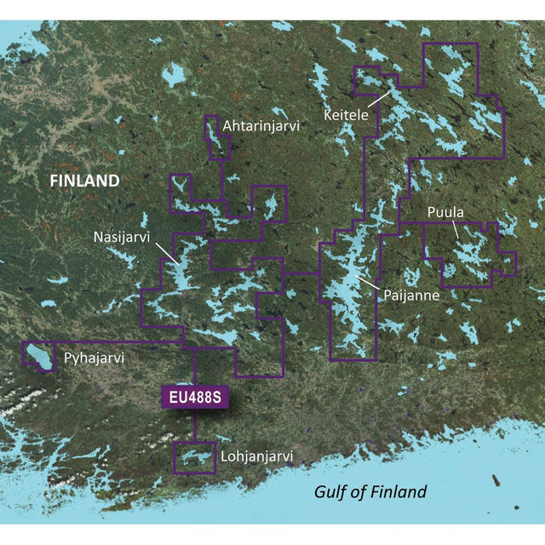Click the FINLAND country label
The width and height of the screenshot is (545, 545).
[83, 181]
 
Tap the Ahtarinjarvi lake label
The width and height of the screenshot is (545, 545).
[260, 126]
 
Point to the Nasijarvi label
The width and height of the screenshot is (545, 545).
[121, 238]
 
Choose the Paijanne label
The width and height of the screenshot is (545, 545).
[405, 295]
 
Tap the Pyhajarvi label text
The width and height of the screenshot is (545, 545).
[94, 359]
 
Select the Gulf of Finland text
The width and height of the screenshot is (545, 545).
[370, 491]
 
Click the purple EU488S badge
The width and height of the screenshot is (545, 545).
[194, 397]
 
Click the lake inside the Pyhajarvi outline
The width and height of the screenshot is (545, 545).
[39, 356]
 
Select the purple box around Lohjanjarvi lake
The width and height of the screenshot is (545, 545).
[195, 444]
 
